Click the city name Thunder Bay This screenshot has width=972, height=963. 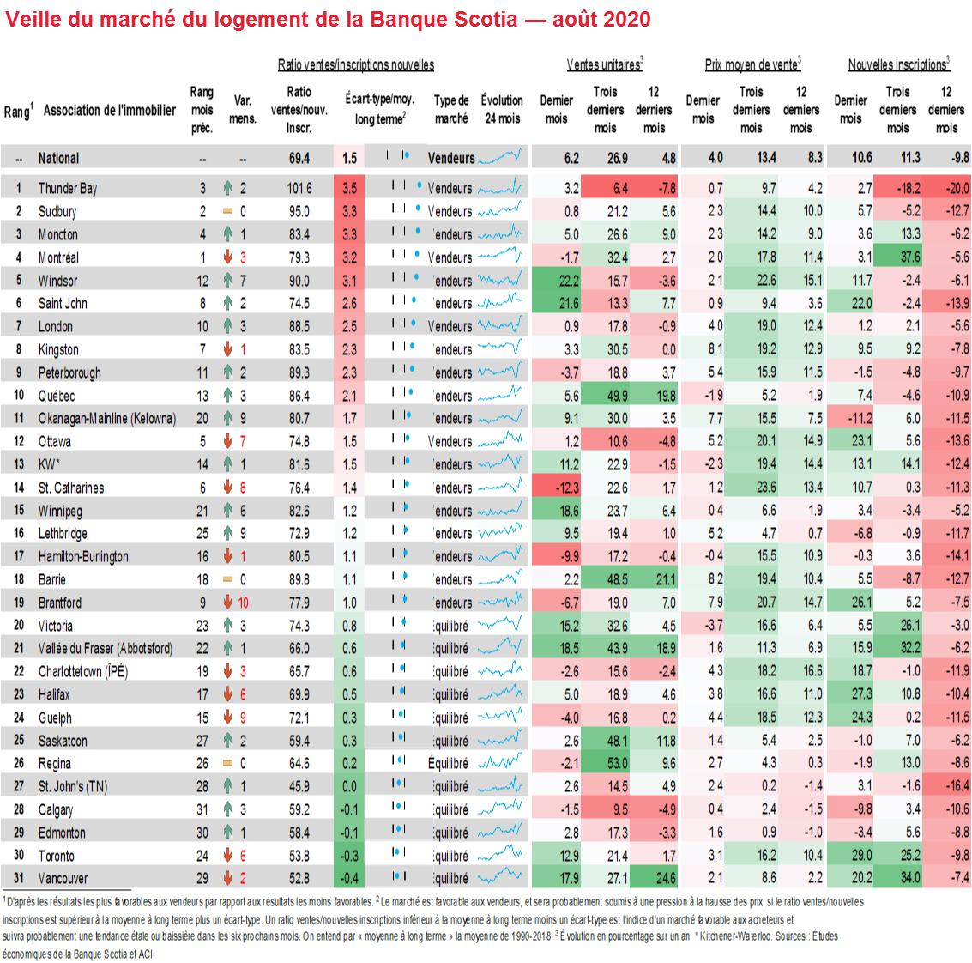[68, 189]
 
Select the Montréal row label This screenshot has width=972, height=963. [58, 257]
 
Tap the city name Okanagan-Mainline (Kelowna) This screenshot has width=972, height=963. [107, 419]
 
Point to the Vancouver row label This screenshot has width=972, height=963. [63, 879]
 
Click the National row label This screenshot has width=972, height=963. [58, 159]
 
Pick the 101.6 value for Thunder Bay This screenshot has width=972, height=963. [299, 189]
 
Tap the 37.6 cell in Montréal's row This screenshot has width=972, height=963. [910, 257]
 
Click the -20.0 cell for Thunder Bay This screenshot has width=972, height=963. [957, 189]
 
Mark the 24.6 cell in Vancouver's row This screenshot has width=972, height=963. [666, 879]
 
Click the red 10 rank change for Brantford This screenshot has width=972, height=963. [244, 603]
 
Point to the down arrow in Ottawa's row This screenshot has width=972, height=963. [227, 442]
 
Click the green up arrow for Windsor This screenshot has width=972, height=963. [227, 281]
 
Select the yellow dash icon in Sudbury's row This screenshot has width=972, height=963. [227, 211]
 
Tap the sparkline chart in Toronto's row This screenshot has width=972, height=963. [500, 855]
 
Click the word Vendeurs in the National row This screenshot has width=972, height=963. [451, 159]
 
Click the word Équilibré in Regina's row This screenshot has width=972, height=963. [449, 764]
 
